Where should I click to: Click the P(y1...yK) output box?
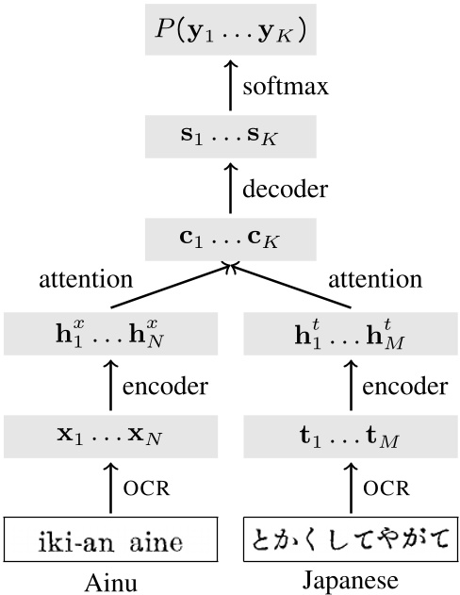(230, 34)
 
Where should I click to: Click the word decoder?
(285, 190)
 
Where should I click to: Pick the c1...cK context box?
(230, 240)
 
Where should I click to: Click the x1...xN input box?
(111, 438)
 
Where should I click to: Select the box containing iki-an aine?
(111, 541)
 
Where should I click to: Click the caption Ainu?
(111, 583)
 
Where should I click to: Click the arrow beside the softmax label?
(230, 91)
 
